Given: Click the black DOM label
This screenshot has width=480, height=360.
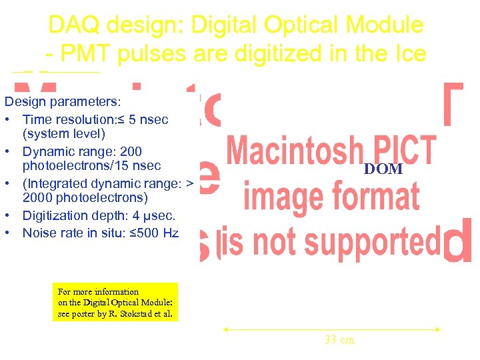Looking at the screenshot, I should click(383, 169).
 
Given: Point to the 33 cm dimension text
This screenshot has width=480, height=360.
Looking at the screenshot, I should click(339, 340).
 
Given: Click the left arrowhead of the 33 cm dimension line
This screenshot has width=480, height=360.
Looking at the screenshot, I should click(225, 329).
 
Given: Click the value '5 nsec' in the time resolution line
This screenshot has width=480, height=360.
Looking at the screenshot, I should click(149, 120).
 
